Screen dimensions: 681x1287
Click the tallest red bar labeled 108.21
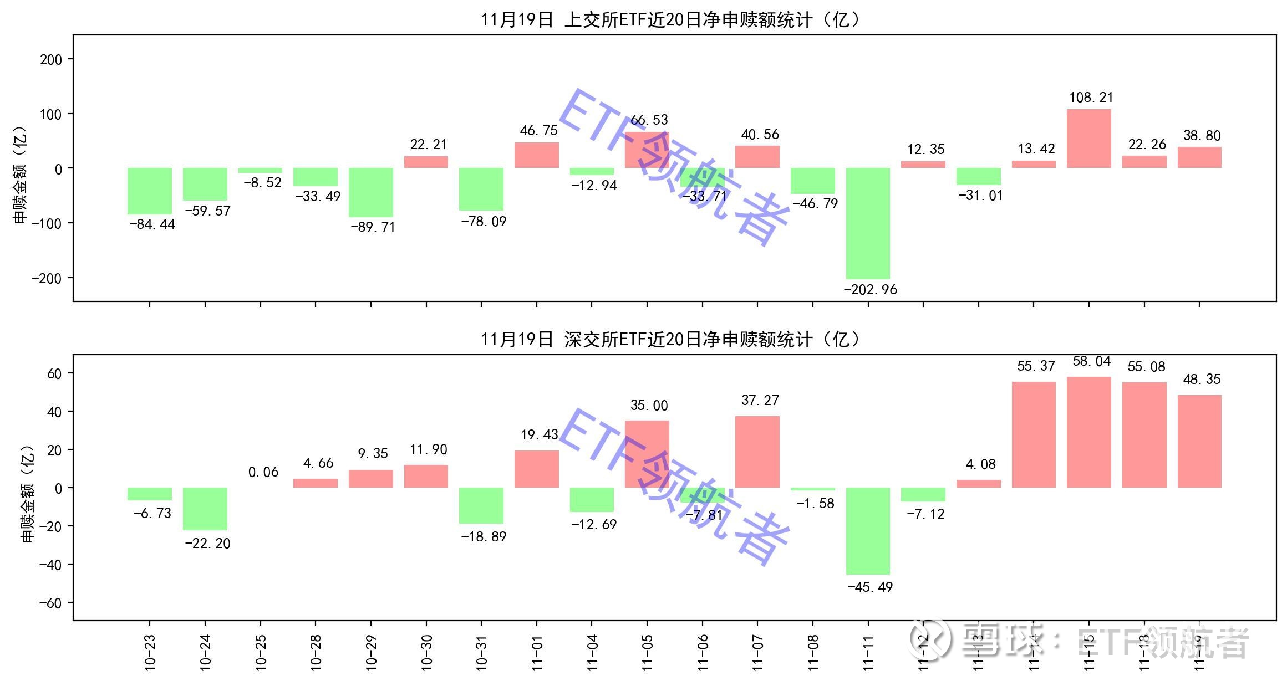click(1088, 139)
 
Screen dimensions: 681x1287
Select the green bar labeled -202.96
click(868, 223)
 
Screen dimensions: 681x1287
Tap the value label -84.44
click(152, 224)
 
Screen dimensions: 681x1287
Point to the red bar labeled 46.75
click(536, 155)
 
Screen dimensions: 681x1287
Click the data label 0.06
click(263, 472)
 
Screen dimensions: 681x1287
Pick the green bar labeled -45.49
click(868, 531)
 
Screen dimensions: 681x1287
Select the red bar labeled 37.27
click(757, 452)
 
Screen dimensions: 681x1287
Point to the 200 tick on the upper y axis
click(51, 59)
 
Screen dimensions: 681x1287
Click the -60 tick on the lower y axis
click(49, 603)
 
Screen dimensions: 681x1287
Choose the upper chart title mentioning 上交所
click(671, 20)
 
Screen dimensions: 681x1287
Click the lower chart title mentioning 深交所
click(671, 339)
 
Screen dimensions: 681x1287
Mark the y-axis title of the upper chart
click(20, 175)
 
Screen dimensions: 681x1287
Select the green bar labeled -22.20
click(205, 509)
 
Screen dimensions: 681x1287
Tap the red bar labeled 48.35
click(1199, 441)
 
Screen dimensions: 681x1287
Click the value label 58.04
click(1091, 362)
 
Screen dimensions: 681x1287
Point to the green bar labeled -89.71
click(370, 192)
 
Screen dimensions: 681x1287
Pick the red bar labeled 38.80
click(1199, 157)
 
